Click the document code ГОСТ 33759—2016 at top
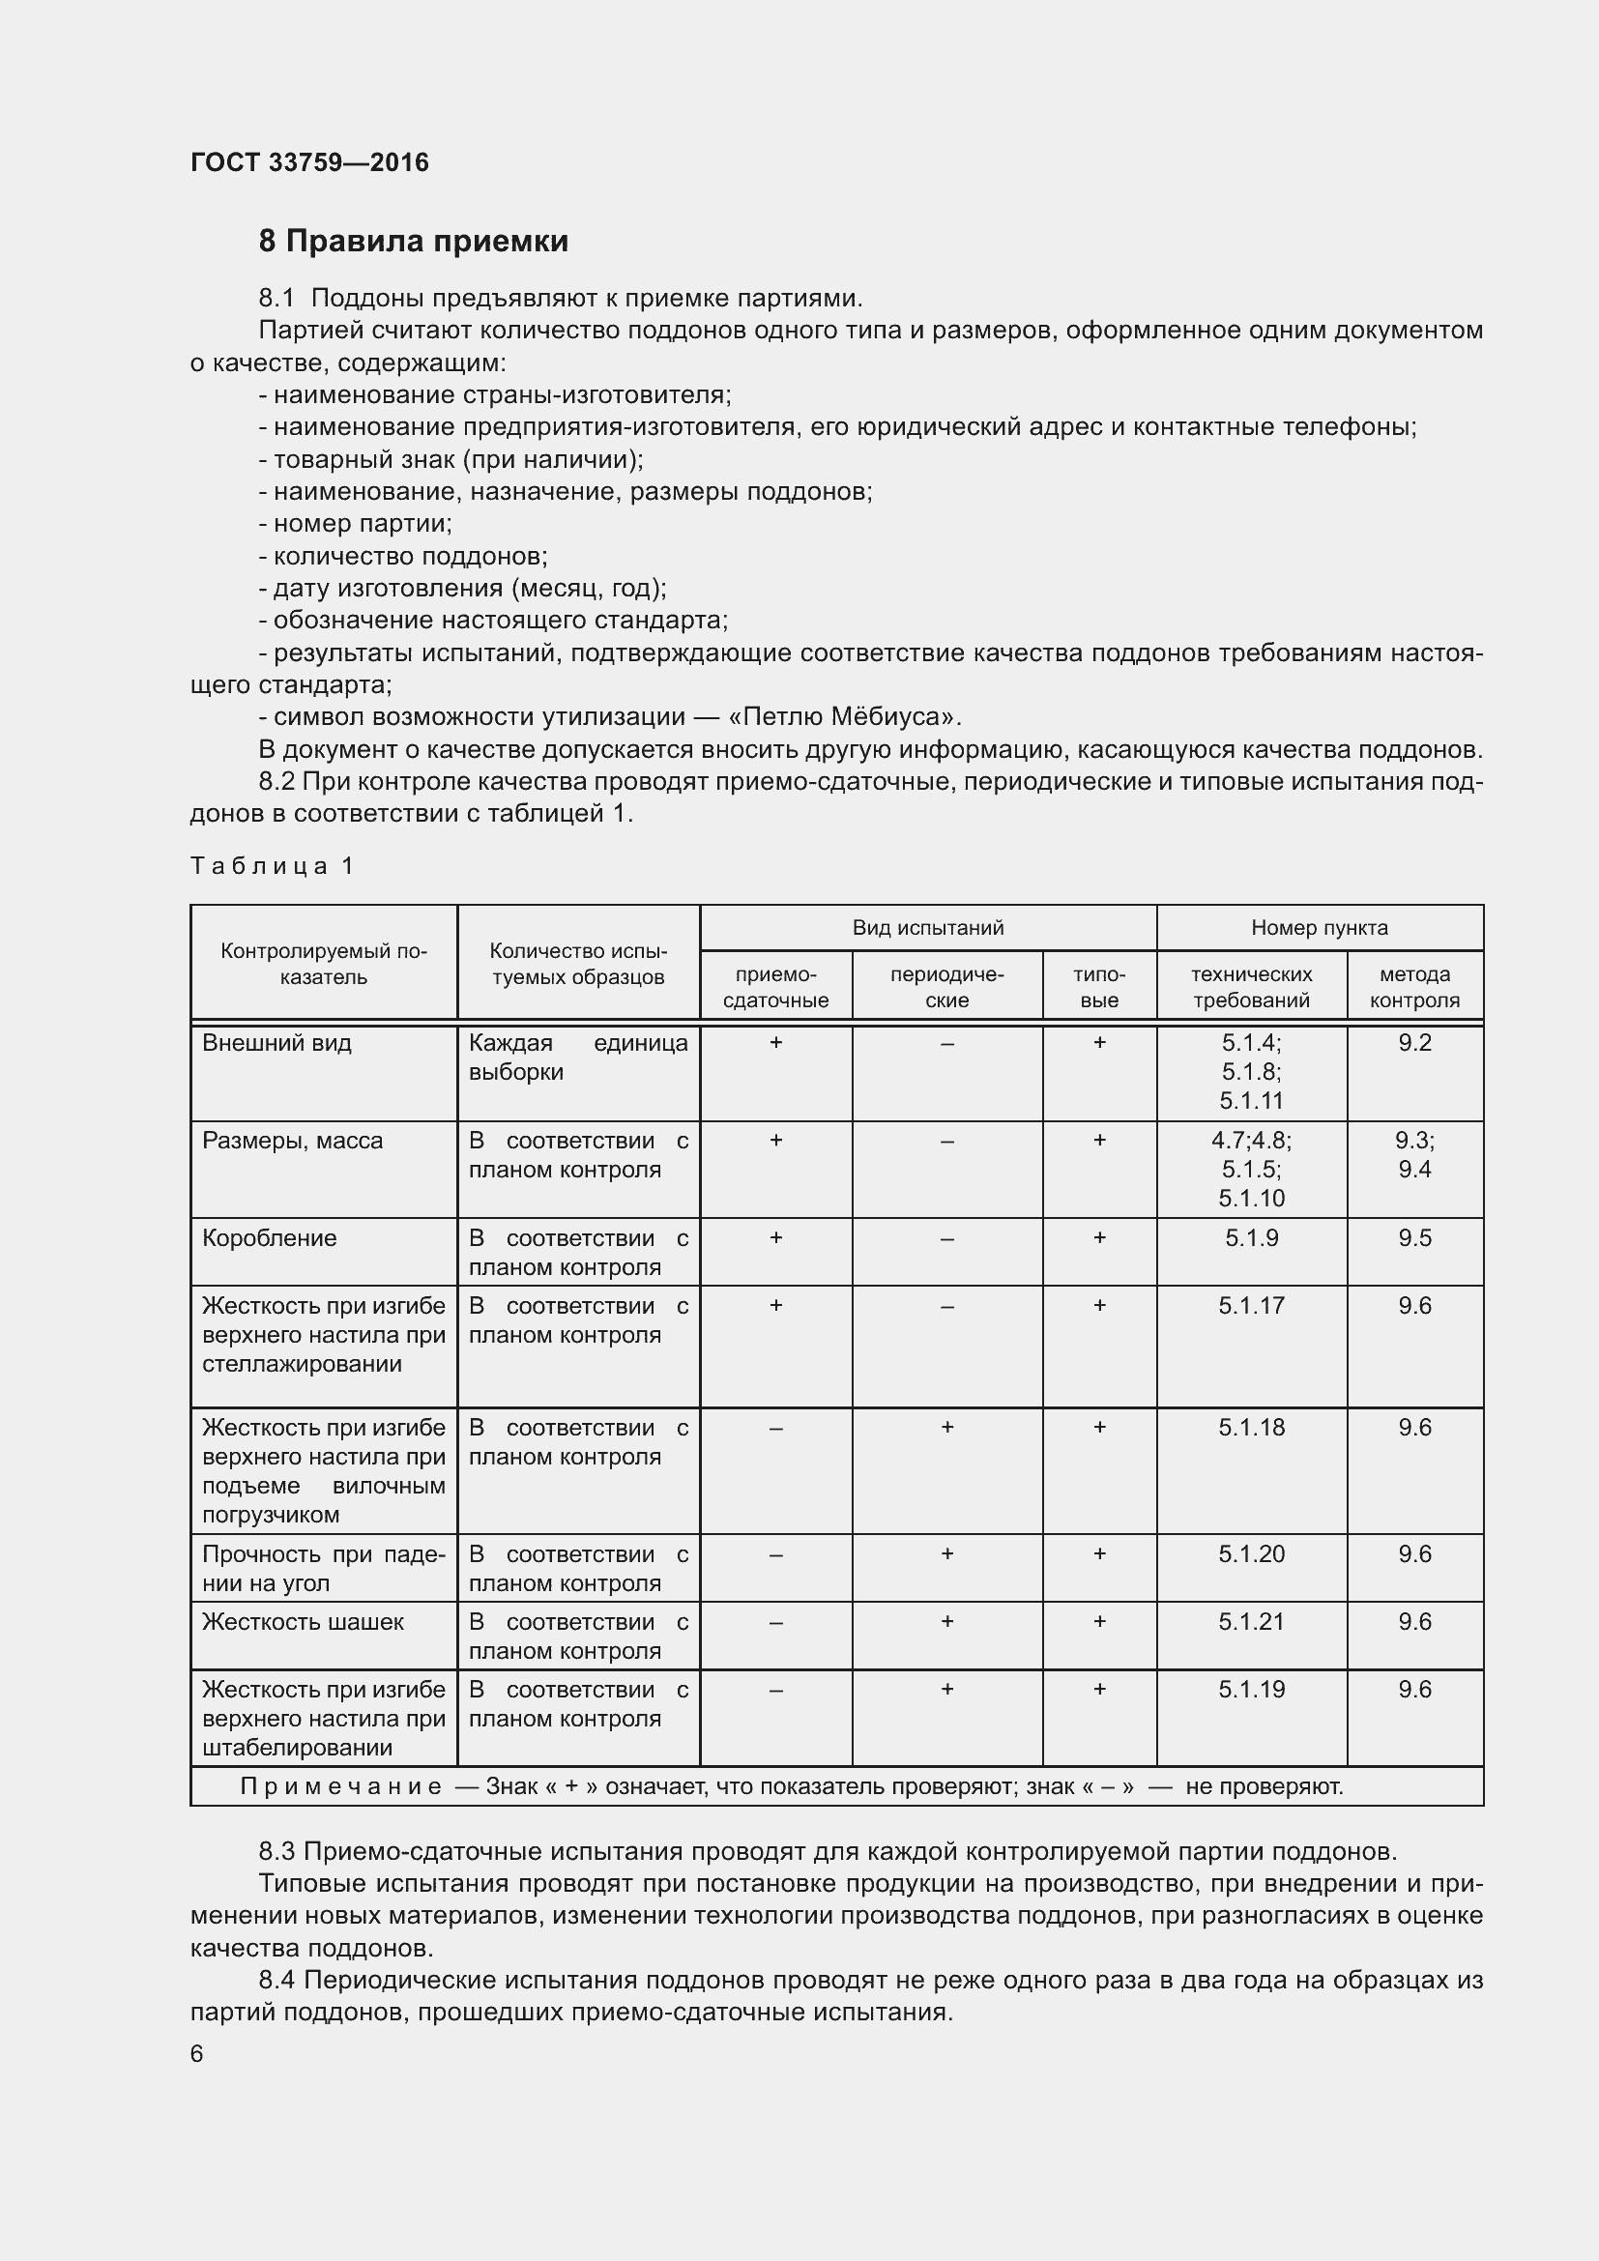pyautogui.click(x=309, y=162)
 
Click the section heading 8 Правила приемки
pyautogui.click(x=414, y=242)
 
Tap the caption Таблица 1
pyautogui.click(x=272, y=865)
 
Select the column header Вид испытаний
pyautogui.click(x=927, y=928)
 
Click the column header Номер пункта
pyautogui.click(x=1320, y=928)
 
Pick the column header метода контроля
pyautogui.click(x=1414, y=987)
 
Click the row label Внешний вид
pyautogui.click(x=276, y=1043)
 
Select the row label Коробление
pyautogui.click(x=269, y=1238)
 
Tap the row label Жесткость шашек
pyautogui.click(x=303, y=1622)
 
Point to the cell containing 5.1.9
pyautogui.click(x=1251, y=1238)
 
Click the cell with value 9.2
pyautogui.click(x=1414, y=1043)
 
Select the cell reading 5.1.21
pyautogui.click(x=1251, y=1622)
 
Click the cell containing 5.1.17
pyautogui.click(x=1251, y=1306)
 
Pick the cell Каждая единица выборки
pyautogui.click(x=578, y=1057)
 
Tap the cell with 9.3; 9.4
pyautogui.click(x=1414, y=1154)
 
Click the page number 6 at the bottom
pyautogui.click(x=197, y=2053)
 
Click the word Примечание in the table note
pyautogui.click(x=340, y=1786)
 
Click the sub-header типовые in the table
pyautogui.click(x=1099, y=987)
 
